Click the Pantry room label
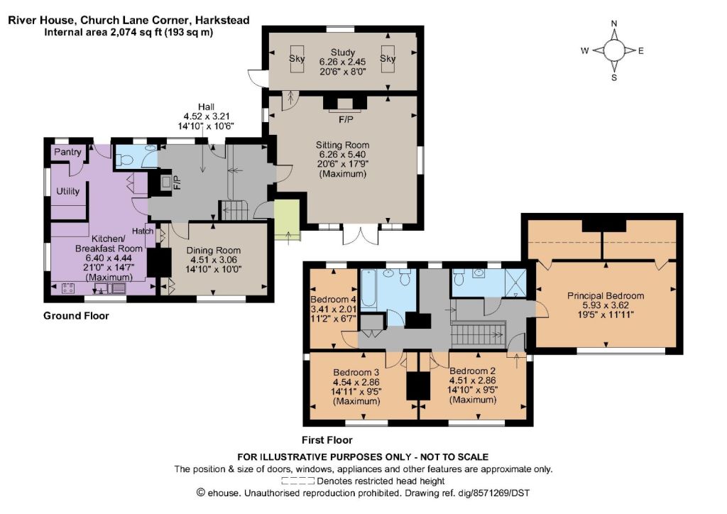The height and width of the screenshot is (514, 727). [67, 153]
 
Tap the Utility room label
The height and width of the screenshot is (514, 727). [67, 191]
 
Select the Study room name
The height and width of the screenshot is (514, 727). [343, 52]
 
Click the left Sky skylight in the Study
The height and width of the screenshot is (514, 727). [297, 59]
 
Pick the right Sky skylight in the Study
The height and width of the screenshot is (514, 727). [388, 59]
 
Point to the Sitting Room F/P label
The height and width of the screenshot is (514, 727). [346, 120]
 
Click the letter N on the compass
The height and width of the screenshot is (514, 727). [614, 23]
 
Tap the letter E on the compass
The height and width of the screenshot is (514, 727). [641, 51]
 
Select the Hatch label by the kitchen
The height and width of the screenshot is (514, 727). [142, 231]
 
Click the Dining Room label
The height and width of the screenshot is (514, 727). [213, 251]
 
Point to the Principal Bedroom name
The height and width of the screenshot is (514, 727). [606, 296]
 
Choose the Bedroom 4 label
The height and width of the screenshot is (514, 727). [333, 299]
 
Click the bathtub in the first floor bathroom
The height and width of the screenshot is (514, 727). [368, 288]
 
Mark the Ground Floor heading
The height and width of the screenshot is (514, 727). [76, 316]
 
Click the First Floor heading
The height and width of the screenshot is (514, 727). [327, 440]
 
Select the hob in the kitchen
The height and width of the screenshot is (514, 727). [67, 288]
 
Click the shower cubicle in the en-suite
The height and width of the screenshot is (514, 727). [515, 283]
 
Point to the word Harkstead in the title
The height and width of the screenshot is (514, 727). [222, 21]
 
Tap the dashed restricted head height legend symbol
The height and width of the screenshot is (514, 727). [297, 481]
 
